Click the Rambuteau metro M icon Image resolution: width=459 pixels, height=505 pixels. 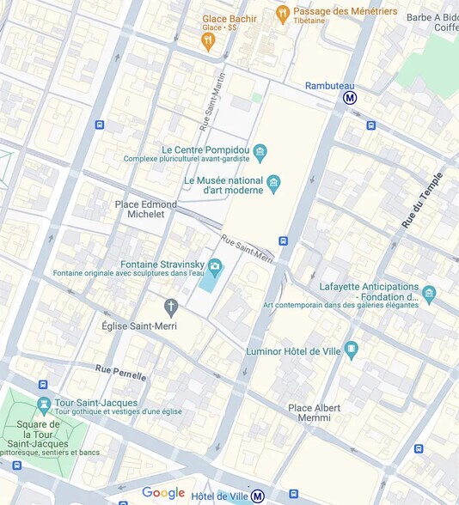pyautogui.click(x=350, y=98)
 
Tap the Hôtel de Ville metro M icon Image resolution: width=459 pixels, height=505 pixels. pyautogui.click(x=257, y=496)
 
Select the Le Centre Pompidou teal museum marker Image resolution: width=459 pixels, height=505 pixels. pyautogui.click(x=260, y=153)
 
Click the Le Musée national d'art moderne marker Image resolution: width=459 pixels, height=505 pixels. pyautogui.click(x=273, y=182)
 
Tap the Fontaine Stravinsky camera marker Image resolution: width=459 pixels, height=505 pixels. pyautogui.click(x=214, y=266)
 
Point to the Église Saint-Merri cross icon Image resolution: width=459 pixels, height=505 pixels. pyautogui.click(x=171, y=307)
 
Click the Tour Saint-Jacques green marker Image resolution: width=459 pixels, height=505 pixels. pyautogui.click(x=44, y=404)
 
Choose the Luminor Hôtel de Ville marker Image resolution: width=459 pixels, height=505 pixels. pyautogui.click(x=350, y=350)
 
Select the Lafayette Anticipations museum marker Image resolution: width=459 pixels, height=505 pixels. pyautogui.click(x=429, y=295)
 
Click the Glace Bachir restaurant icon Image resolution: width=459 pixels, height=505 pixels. pyautogui.click(x=207, y=40)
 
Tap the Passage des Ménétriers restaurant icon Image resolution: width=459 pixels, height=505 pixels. pyautogui.click(x=282, y=13)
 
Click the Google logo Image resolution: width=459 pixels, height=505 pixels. pyautogui.click(x=163, y=493)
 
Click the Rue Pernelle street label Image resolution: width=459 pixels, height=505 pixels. pyautogui.click(x=120, y=373)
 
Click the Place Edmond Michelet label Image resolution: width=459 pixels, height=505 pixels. pyautogui.click(x=146, y=209)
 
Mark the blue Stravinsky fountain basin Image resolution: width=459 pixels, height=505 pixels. pyautogui.click(x=209, y=282)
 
